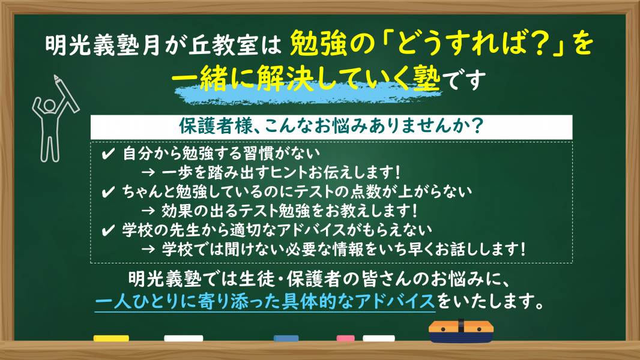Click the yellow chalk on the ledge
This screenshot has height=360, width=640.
coord(111,338)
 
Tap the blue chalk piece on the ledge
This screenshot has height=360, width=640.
coord(286,338)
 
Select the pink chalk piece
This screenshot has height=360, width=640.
coord(345,338)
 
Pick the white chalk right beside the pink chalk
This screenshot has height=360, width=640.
coord(379,338)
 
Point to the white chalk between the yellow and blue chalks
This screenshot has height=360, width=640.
coord(184,338)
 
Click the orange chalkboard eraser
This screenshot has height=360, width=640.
coord(461,331)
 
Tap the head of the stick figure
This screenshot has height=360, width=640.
coord(50,106)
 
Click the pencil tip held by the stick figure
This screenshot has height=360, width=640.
coord(55,77)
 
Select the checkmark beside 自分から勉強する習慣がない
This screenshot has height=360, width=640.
coord(107,154)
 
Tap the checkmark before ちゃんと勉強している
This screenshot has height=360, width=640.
coord(107,192)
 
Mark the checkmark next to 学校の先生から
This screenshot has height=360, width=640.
coord(107,231)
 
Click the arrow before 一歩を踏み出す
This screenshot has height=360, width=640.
coord(148,172)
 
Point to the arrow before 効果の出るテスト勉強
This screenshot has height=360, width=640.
coord(148,211)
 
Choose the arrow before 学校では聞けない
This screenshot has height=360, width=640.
coord(148,248)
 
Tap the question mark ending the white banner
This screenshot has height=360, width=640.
coord(476,125)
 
